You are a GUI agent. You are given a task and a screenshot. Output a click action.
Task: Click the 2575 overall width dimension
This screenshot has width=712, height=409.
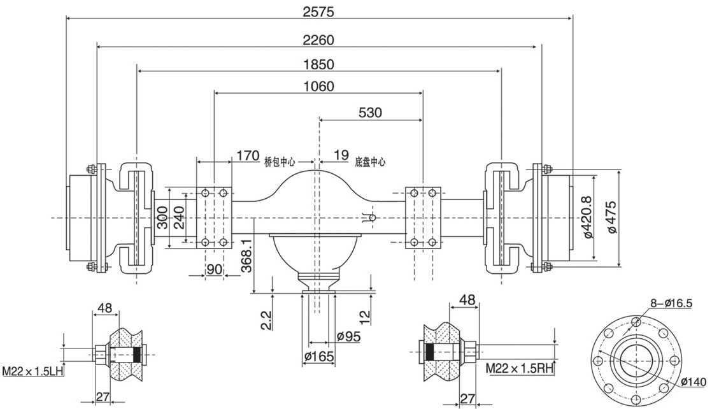pos(319,11)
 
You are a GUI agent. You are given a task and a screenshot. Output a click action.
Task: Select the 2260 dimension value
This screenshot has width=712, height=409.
pos(319,39)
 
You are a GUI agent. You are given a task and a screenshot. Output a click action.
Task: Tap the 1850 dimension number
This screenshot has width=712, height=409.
pos(319,64)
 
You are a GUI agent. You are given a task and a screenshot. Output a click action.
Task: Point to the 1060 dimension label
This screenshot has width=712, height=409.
pos(319,86)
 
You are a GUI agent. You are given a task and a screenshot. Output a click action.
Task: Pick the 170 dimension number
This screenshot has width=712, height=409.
pos(247,155)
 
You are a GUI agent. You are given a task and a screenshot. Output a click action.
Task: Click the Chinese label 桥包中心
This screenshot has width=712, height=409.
pos(280,162)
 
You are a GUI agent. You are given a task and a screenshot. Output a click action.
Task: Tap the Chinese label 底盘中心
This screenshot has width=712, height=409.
pos(370,162)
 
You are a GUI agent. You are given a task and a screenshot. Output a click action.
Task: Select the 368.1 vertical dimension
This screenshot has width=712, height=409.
pos(246,252)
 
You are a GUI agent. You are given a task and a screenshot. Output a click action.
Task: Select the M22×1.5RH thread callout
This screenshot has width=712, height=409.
pos(520,368)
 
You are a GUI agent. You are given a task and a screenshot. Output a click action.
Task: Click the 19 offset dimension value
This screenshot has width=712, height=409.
pos(341,155)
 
